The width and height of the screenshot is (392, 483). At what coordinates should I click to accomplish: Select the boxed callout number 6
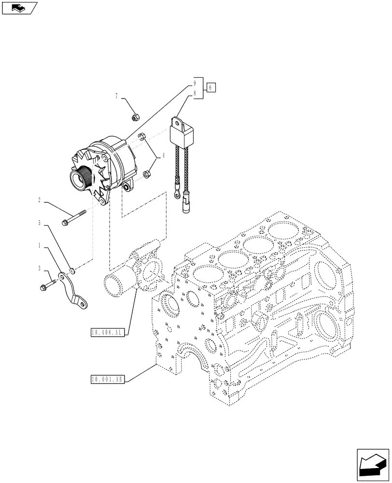click(x=211, y=87)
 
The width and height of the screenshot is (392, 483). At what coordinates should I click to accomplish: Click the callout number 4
click(x=164, y=156)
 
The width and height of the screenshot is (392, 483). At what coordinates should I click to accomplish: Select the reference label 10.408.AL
click(x=107, y=332)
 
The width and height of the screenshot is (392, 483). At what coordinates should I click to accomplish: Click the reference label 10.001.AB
click(x=107, y=379)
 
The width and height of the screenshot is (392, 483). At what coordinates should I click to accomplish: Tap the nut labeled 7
click(x=136, y=116)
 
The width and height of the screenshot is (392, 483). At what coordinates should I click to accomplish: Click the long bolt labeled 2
click(x=74, y=217)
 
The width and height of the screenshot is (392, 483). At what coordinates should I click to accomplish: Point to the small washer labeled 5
click(x=71, y=269)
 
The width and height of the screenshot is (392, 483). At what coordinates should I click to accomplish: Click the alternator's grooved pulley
click(x=80, y=178)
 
